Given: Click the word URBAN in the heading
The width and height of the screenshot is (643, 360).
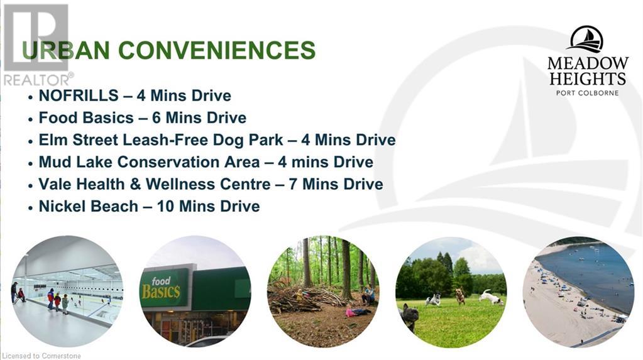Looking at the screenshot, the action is [x=65, y=50].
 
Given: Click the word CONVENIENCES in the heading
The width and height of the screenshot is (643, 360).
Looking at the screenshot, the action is [x=217, y=50].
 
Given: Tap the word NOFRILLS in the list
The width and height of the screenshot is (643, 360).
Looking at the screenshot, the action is [x=79, y=95].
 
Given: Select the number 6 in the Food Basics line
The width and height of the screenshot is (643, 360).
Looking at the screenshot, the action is [x=157, y=117].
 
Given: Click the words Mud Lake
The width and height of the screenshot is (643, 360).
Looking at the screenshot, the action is [x=75, y=162].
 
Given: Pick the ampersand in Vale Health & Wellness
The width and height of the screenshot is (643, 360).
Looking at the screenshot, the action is [x=135, y=184].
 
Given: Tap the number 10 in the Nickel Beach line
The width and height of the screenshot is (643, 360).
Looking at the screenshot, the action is [x=166, y=206].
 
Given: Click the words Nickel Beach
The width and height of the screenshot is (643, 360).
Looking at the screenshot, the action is [x=88, y=206].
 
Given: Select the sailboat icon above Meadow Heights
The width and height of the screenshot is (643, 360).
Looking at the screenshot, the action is [x=587, y=40].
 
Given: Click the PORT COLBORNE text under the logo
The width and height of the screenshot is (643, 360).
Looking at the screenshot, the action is [x=587, y=93].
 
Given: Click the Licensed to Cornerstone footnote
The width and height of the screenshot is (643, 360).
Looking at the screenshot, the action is [x=41, y=356].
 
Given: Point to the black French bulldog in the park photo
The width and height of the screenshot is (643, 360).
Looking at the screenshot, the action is [x=409, y=317].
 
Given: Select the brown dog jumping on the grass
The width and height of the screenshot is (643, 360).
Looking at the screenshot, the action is [x=461, y=296].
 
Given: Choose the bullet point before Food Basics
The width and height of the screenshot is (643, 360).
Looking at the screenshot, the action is [x=30, y=119].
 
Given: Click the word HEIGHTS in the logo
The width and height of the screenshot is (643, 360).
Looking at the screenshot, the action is [x=587, y=79].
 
